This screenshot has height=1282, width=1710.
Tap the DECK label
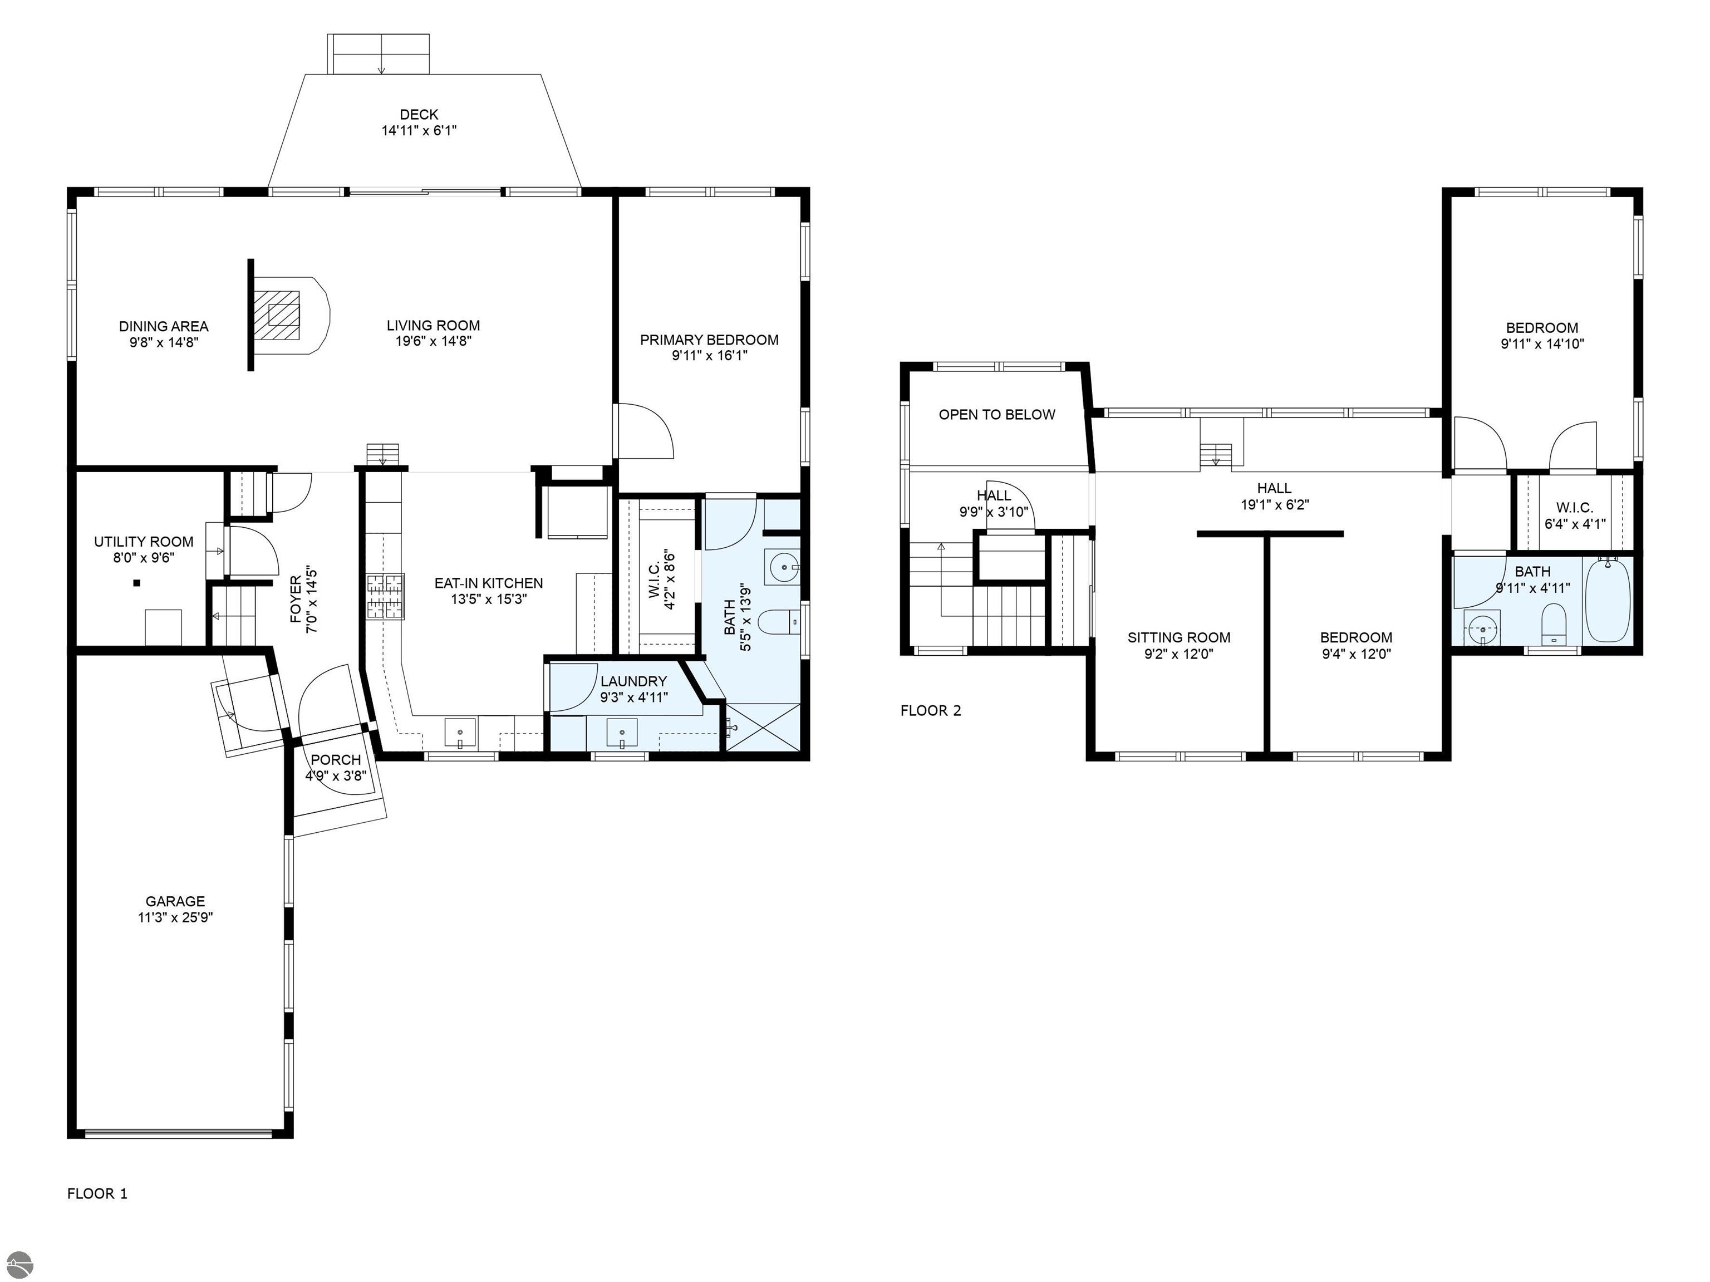419,115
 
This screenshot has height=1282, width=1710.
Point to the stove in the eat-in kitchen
385,596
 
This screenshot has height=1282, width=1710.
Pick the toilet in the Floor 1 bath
779,621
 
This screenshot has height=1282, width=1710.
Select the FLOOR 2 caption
931,711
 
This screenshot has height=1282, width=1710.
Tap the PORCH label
336,760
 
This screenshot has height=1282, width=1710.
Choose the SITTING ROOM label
1179,638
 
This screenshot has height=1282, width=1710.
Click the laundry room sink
622,733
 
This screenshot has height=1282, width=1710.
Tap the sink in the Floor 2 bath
1482,627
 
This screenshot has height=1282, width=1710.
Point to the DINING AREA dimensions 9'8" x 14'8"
164,342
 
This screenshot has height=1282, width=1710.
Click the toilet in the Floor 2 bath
1553,624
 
